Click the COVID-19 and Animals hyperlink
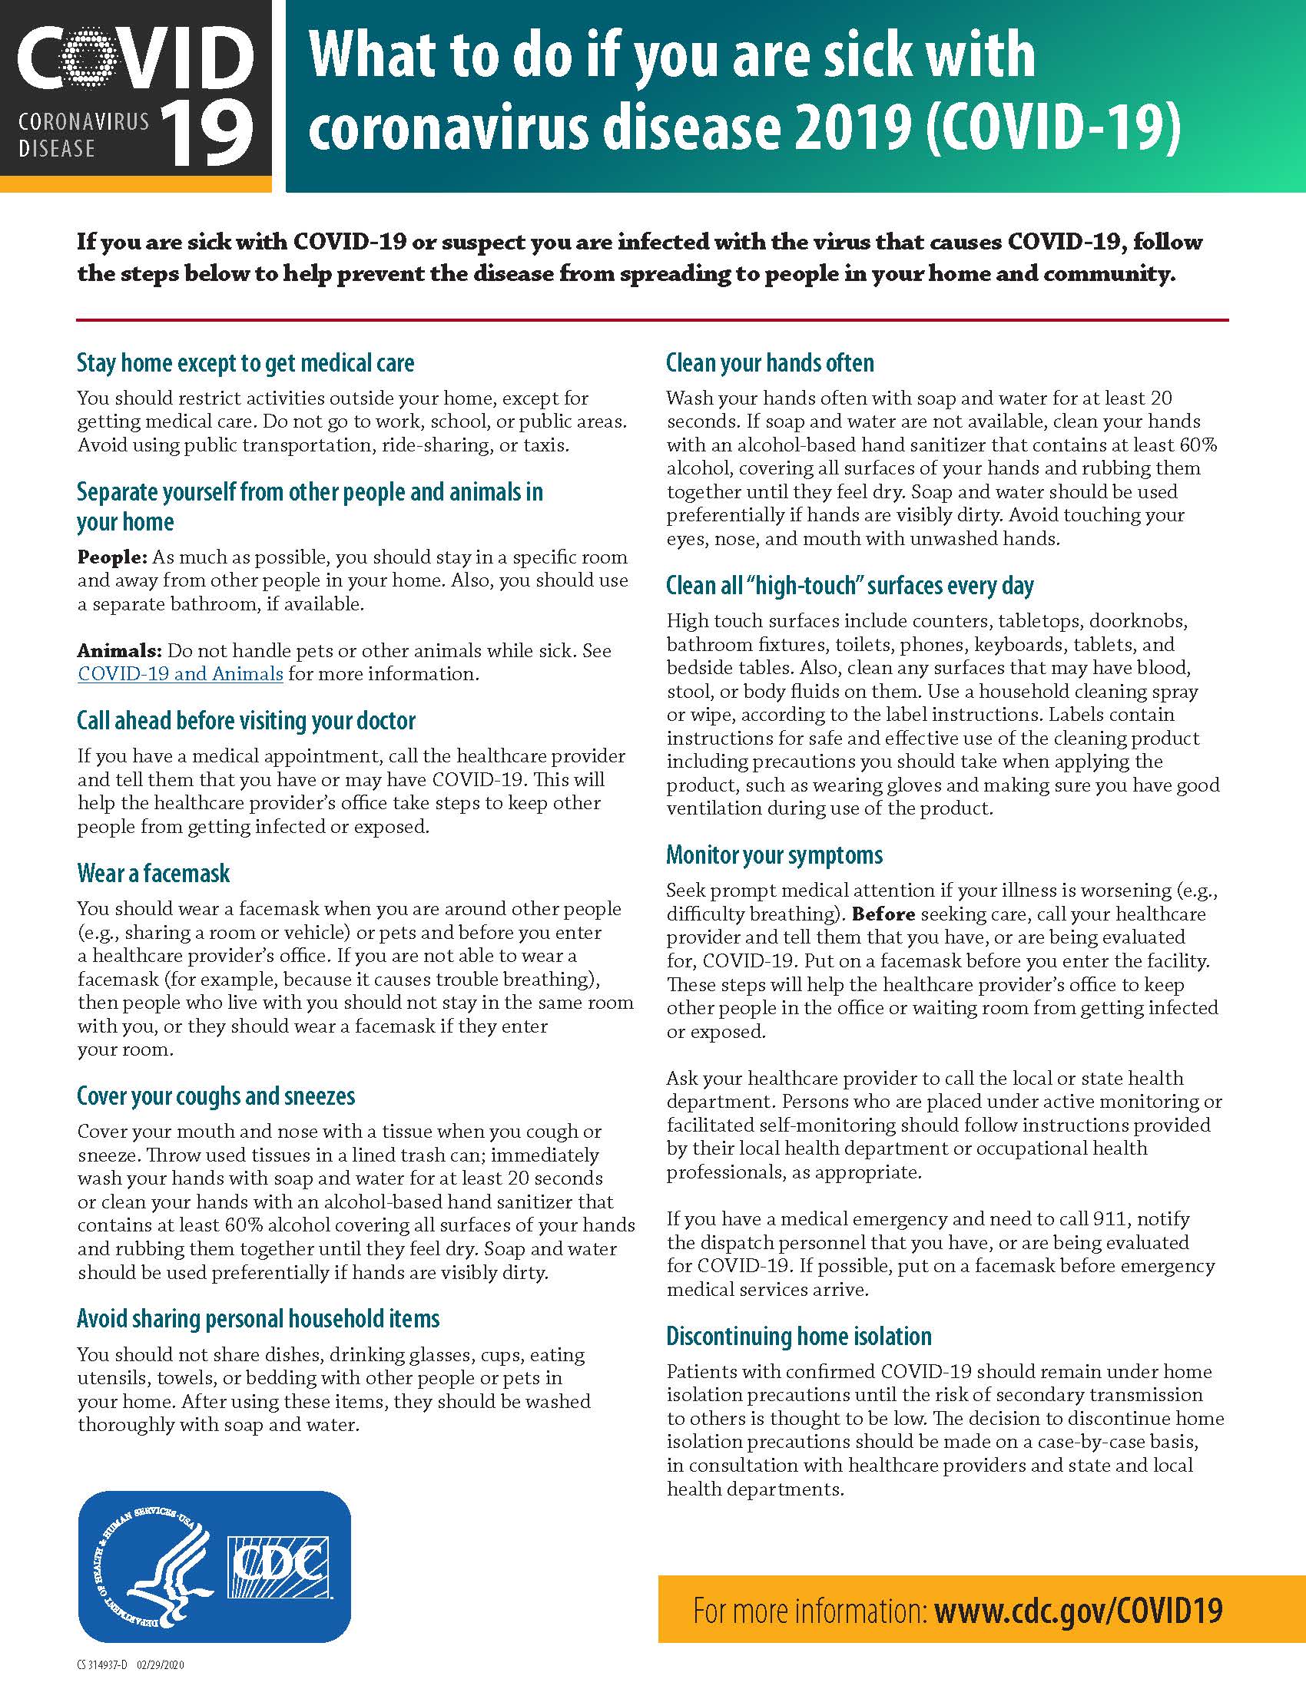[181, 673]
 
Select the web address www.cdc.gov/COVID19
[1078, 1610]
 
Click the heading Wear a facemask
[153, 873]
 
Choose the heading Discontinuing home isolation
[798, 1337]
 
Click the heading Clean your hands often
[770, 362]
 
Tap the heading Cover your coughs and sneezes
[216, 1096]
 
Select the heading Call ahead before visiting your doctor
[246, 720]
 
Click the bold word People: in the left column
[111, 557]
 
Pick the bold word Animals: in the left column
[119, 650]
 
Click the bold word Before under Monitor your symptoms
[883, 914]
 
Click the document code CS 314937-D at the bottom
[102, 1665]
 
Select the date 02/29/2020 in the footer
[160, 1665]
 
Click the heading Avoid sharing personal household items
[257, 1318]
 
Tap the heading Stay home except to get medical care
[245, 362]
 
